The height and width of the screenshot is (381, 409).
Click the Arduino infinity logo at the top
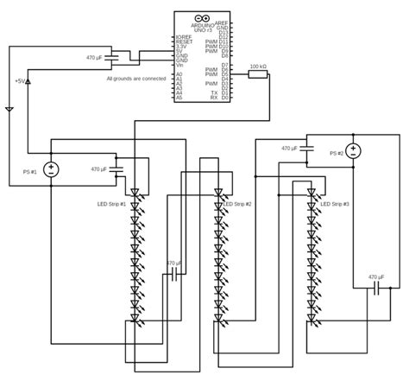[203, 17]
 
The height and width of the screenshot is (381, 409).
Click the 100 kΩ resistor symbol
[256, 75]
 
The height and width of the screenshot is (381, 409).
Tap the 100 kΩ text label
[256, 66]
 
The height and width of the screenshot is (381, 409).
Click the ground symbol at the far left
[9, 110]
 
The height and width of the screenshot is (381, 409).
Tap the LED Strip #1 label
[111, 204]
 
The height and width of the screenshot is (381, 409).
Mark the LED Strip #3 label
[334, 204]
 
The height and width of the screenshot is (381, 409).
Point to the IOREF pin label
[182, 36]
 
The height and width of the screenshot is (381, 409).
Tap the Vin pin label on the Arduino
[179, 65]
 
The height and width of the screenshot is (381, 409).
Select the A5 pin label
[179, 98]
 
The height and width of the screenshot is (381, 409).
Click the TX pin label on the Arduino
[224, 92]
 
